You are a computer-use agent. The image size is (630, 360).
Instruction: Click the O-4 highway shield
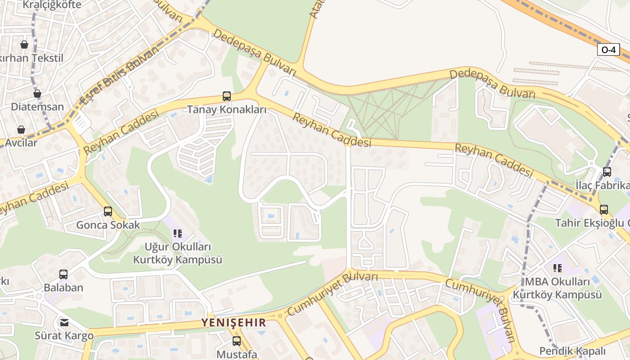[x=608, y=50]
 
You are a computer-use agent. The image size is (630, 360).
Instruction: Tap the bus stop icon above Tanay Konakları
[x=227, y=96]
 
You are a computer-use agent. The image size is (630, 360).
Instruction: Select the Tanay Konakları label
[x=227, y=110]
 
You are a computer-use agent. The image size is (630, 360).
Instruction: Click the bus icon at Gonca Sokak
[x=108, y=211]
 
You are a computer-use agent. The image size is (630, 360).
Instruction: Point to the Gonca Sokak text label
[x=108, y=225]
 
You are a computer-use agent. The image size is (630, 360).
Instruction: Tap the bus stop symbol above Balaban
[x=63, y=274]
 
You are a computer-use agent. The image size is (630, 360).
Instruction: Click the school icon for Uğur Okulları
[x=178, y=234]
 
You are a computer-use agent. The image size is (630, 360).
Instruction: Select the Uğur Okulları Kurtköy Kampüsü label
[x=178, y=253]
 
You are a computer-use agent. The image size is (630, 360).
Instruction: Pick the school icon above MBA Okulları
[x=558, y=268]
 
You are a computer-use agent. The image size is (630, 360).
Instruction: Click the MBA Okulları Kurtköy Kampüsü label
[x=558, y=288]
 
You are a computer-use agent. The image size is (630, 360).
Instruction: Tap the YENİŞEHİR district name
[x=234, y=323]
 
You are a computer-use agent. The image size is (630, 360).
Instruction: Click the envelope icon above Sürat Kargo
[x=64, y=322]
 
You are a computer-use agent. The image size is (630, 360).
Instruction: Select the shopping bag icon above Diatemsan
[x=37, y=94]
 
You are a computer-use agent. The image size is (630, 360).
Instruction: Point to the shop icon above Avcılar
[x=21, y=130]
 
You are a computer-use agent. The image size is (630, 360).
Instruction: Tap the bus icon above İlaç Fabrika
[x=607, y=171]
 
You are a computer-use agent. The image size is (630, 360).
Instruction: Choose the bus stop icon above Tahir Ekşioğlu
[x=603, y=209]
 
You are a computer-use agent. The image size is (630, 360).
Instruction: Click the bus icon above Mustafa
[x=236, y=341]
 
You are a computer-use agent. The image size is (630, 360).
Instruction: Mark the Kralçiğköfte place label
[x=52, y=5]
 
